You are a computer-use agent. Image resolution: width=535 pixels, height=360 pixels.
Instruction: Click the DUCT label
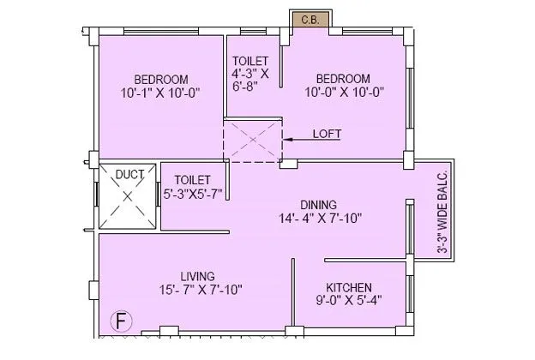tap(129, 174)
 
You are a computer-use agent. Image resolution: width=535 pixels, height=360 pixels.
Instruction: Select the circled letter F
tap(123, 323)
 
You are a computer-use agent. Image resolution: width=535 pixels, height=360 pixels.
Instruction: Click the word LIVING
tap(197, 275)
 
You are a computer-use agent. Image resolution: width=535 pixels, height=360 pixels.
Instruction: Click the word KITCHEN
tap(349, 286)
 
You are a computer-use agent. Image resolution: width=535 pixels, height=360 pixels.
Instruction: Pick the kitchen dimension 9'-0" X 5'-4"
tap(348, 301)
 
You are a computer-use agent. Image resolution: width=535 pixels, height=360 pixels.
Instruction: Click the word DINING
tap(319, 204)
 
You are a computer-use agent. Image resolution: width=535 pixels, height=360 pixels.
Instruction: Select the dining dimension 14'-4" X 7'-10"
tap(318, 219)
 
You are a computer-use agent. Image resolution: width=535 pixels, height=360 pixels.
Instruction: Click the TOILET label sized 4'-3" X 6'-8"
tap(250, 61)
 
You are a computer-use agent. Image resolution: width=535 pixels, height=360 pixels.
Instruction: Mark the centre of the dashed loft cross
tap(253, 141)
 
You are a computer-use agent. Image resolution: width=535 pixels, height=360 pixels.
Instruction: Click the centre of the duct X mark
tap(128, 196)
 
